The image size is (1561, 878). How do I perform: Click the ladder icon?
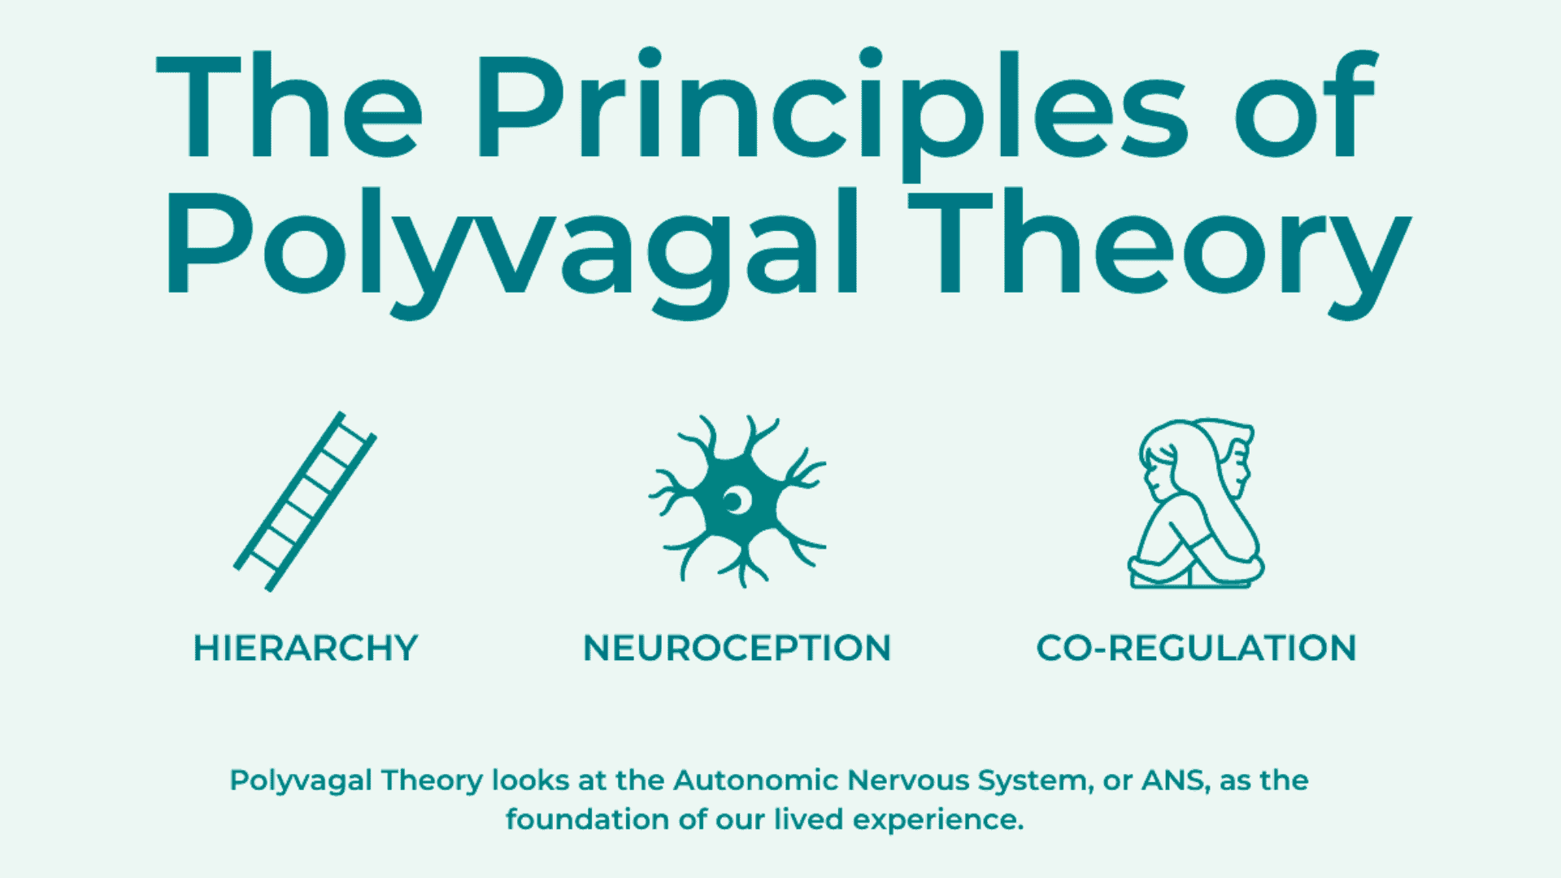point(305,501)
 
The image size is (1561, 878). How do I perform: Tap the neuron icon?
point(737,501)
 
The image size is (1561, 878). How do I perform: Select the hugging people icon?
point(1195,503)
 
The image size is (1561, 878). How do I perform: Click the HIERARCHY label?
point(306,648)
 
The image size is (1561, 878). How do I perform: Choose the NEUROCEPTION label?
point(737,648)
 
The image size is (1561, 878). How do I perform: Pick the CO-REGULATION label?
point(1196,648)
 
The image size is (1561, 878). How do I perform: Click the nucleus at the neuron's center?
point(736,502)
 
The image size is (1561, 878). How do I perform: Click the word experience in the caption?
point(937,820)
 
